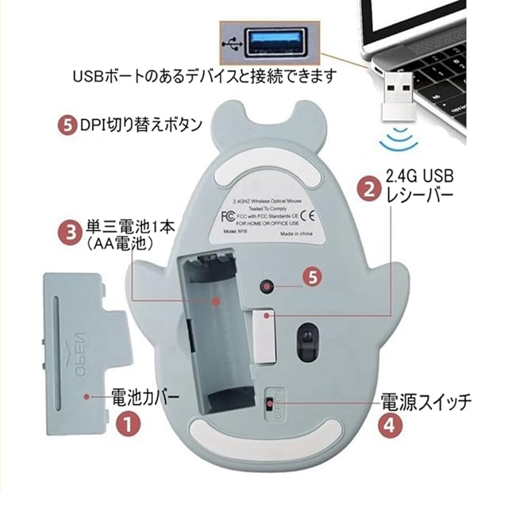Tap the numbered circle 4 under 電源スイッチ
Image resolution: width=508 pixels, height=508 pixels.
coord(387,423)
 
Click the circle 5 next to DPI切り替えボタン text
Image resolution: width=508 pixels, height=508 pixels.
coord(67,125)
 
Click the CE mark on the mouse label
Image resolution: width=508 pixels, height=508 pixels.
coord(311,215)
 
